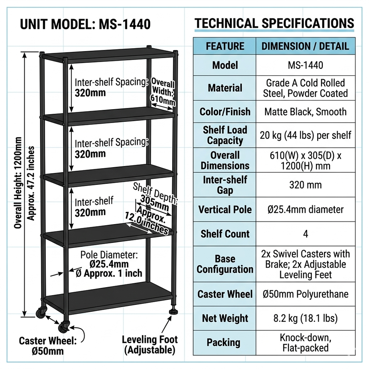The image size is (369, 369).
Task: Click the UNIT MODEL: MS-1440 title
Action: [x=85, y=25]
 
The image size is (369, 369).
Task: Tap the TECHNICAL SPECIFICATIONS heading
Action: [x=274, y=23]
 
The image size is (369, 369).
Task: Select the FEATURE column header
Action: [x=225, y=46]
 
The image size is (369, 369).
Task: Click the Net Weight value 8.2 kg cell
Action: [x=305, y=318]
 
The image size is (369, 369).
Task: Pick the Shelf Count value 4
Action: [x=305, y=234]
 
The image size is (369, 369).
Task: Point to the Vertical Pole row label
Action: [x=225, y=209]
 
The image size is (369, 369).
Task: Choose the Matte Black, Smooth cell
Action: [x=305, y=112]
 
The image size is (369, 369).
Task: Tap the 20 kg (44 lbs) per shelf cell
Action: [x=305, y=135]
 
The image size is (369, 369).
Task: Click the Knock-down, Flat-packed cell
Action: [x=305, y=343]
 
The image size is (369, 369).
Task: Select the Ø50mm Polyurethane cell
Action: [x=305, y=294]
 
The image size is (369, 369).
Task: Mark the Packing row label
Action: [x=225, y=342]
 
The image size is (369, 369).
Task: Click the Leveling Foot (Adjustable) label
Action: [x=150, y=345]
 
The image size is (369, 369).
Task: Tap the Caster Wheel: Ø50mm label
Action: [x=48, y=346]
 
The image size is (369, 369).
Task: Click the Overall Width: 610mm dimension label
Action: [x=163, y=92]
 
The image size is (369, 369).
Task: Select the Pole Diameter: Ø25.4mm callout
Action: [x=109, y=264]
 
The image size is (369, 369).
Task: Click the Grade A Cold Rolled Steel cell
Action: [x=305, y=88]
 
